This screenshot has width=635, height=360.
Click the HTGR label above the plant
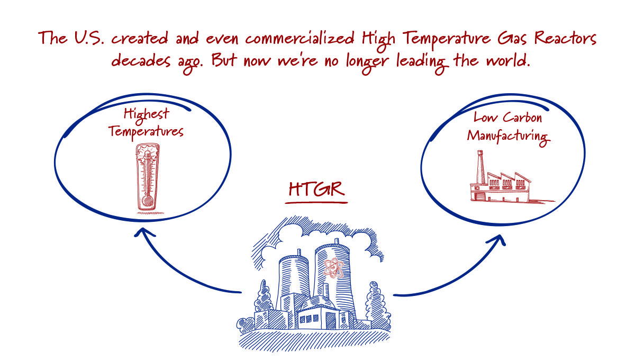[x=317, y=190]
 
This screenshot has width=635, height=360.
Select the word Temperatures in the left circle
[x=146, y=130]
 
